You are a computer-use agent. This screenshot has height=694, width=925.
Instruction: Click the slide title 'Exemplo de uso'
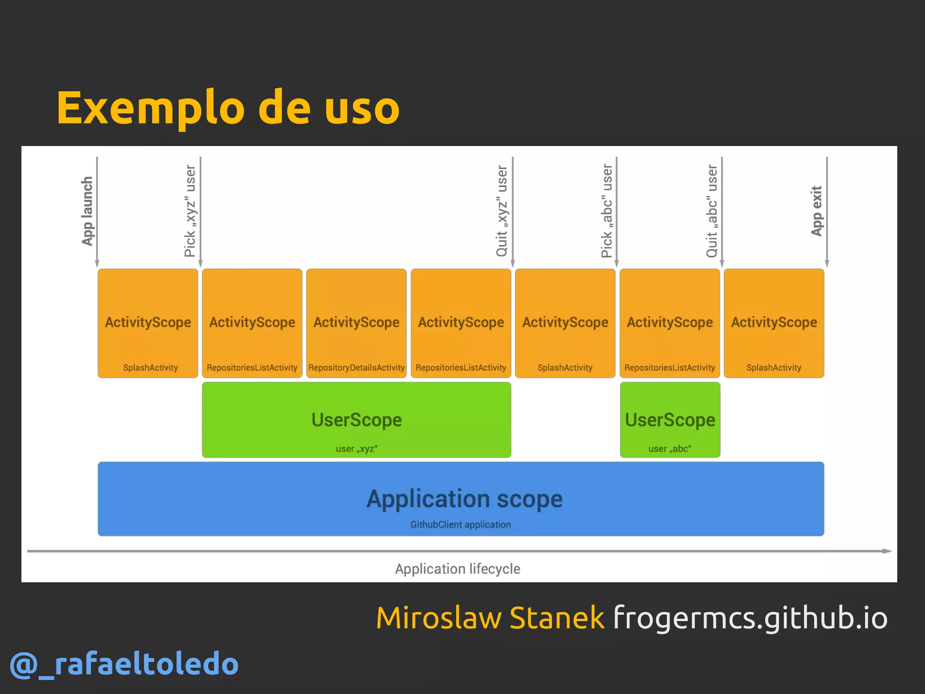[x=228, y=108]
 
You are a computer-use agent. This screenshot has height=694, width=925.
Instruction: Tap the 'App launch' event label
[x=87, y=211]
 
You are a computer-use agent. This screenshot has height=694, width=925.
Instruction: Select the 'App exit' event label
[x=817, y=211]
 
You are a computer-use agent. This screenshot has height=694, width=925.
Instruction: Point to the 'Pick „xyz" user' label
[x=190, y=211]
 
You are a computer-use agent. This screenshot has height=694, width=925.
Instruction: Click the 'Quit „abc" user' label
[x=712, y=211]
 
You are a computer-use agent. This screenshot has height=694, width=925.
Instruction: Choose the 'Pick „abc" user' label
[x=607, y=211]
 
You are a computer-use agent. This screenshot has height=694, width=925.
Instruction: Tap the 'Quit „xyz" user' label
[x=502, y=211]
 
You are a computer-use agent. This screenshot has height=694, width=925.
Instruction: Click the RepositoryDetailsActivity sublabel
[x=356, y=368]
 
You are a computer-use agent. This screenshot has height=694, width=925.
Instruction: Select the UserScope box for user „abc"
[x=670, y=419]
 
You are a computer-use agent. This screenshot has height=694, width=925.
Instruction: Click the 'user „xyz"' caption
[x=356, y=449]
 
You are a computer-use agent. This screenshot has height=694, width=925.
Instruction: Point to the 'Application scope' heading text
[x=464, y=499]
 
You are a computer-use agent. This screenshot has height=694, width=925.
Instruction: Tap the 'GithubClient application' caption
[x=460, y=525]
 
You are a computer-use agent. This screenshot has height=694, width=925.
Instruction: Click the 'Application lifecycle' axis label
[x=458, y=569]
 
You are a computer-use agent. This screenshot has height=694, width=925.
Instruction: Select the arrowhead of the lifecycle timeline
[x=888, y=551]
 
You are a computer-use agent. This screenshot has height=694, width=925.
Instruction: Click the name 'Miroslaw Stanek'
[x=490, y=618]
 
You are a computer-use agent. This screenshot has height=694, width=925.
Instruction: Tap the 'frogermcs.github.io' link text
[x=750, y=618]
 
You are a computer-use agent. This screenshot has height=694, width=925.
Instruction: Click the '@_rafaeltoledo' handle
[x=124, y=664]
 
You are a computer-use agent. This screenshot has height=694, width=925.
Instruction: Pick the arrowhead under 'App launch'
[x=97, y=264]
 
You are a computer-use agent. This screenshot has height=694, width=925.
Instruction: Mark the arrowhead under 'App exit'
[x=827, y=264]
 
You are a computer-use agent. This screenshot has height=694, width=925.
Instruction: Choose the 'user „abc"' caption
[x=670, y=449]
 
